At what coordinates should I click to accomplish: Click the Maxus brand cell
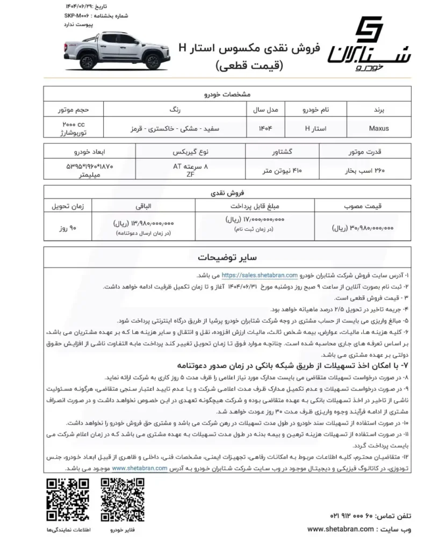click(x=379, y=129)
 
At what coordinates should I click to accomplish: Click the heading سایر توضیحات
click(x=222, y=256)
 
